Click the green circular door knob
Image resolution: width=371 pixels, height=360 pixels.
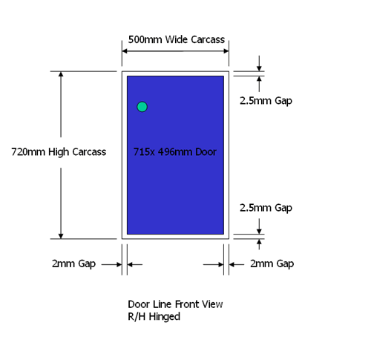(x=142, y=107)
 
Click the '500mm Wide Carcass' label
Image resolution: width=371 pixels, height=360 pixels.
(x=177, y=39)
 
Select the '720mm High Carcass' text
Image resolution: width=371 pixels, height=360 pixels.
(x=59, y=152)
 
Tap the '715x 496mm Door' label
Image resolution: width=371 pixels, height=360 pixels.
(x=175, y=152)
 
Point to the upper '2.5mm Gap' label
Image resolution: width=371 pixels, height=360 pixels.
(x=266, y=101)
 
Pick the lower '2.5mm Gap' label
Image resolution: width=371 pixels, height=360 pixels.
(x=266, y=208)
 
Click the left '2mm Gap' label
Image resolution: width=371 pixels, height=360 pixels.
(x=73, y=264)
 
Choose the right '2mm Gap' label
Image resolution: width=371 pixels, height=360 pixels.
(x=272, y=264)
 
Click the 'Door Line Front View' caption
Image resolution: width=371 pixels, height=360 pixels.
(x=175, y=304)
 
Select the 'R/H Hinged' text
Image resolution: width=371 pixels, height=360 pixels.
(x=154, y=317)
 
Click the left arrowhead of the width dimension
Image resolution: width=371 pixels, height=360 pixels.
(x=125, y=51)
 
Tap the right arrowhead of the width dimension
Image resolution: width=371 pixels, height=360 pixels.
(x=226, y=51)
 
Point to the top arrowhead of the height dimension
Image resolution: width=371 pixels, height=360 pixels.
(x=61, y=74)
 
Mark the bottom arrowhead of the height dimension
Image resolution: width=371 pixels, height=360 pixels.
(x=61, y=236)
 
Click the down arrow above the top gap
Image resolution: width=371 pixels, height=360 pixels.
(x=259, y=63)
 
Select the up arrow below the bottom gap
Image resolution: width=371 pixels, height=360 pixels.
(x=259, y=244)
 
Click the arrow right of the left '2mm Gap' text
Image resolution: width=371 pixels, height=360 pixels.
(x=111, y=264)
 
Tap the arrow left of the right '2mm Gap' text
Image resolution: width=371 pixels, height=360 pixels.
(x=237, y=264)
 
